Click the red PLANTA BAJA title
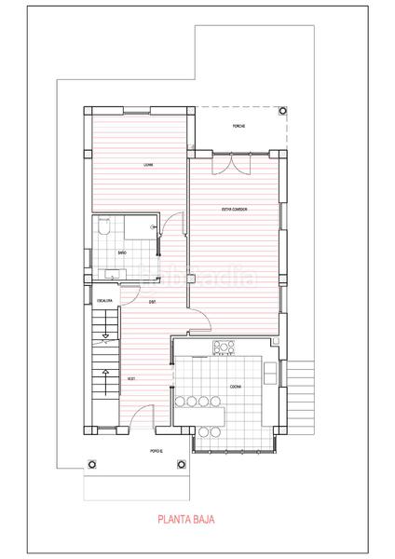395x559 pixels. pyautogui.click(x=185, y=523)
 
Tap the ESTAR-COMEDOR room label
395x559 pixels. pyautogui.click(x=233, y=210)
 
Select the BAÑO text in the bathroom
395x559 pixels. pyautogui.click(x=122, y=252)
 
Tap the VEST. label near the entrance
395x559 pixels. pyautogui.click(x=131, y=379)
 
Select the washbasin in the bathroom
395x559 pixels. pyautogui.click(x=112, y=273)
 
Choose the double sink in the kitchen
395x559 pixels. pyautogui.click(x=269, y=373)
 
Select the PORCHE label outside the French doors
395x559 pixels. pyautogui.click(x=238, y=127)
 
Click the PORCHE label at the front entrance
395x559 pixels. pyautogui.click(x=156, y=452)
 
